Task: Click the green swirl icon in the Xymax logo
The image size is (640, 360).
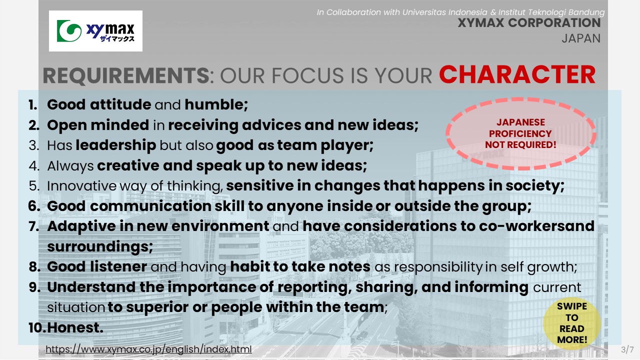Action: [69, 31]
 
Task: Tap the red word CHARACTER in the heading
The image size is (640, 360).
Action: [517, 74]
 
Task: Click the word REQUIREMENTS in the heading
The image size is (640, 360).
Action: [126, 75]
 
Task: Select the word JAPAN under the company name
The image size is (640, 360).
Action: [581, 38]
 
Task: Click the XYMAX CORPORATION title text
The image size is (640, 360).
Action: [529, 23]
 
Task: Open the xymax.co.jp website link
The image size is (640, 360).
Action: [148, 349]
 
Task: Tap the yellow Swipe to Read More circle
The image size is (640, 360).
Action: [571, 323]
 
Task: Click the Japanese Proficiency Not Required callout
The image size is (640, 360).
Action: [520, 133]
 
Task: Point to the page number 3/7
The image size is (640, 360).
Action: [627, 349]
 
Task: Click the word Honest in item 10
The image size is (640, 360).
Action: [75, 327]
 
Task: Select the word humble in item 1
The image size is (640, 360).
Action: [216, 104]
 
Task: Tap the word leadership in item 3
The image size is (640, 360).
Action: [115, 145]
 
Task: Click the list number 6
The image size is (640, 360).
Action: [33, 206]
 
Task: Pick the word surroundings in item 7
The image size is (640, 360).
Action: [100, 246]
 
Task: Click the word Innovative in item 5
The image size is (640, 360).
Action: [81, 185]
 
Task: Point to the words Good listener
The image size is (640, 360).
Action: [97, 266]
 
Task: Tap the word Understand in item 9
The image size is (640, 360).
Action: [91, 287]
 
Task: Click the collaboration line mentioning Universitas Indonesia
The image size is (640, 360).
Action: [460, 12]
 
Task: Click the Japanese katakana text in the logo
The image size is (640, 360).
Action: [117, 38]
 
